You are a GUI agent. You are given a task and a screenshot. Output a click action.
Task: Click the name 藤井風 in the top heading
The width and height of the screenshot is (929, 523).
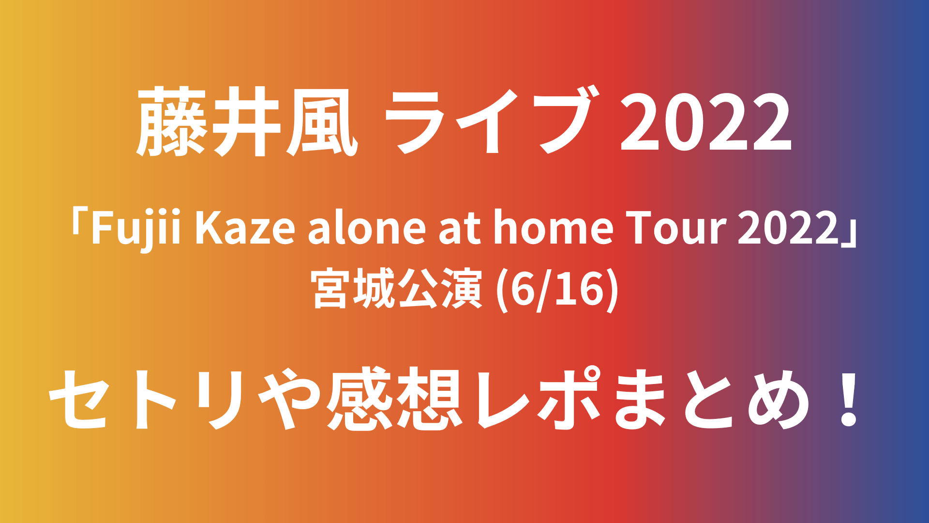coord(247,122)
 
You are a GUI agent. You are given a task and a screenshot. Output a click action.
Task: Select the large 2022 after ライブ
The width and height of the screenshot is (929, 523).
coord(706,123)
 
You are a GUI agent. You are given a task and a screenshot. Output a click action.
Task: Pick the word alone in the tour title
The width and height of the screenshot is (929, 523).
coord(367,228)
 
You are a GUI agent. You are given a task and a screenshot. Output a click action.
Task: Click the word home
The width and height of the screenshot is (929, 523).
coord(554,228)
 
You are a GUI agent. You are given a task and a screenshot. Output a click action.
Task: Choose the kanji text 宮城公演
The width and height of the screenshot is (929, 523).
coord(398,289)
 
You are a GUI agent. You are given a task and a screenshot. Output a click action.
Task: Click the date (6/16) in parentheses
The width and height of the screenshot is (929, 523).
coord(557,290)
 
